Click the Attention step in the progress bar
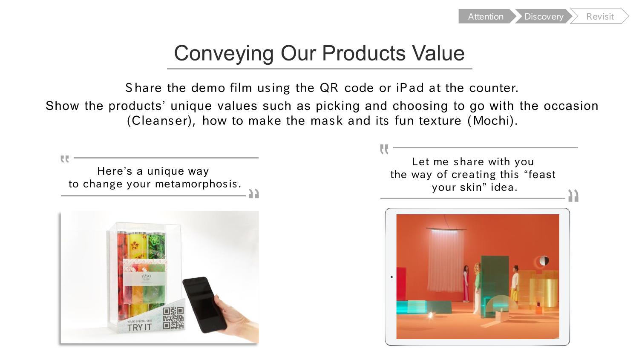click(x=486, y=16)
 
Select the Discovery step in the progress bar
click(x=544, y=16)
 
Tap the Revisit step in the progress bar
click(x=600, y=16)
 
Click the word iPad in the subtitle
click(x=410, y=88)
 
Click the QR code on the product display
click(x=173, y=318)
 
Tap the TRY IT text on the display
click(x=139, y=327)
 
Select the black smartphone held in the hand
click(x=204, y=305)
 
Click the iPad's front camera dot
click(x=391, y=277)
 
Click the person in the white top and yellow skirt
click(x=515, y=284)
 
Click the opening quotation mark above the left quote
click(x=65, y=159)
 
